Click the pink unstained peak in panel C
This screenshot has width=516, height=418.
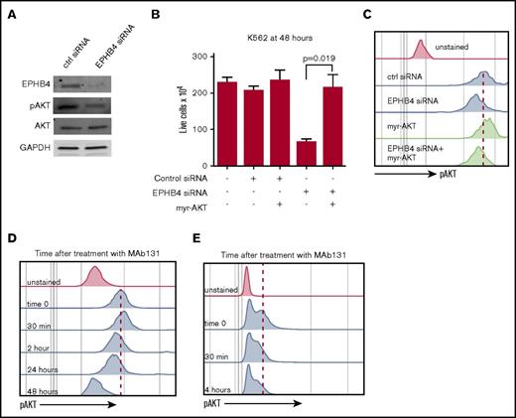point(421,48)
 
